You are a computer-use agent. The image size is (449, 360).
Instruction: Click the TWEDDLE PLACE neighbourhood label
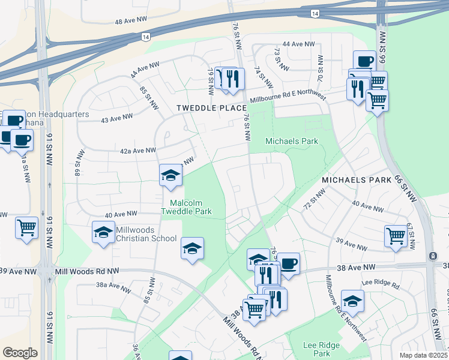(211, 108)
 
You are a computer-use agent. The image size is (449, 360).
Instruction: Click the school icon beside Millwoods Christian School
(103, 232)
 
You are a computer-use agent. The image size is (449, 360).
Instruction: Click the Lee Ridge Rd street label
(381, 284)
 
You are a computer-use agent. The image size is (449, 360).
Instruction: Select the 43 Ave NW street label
(117, 118)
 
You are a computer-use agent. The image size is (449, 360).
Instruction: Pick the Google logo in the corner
(20, 353)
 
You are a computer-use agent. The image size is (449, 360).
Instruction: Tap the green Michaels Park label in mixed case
(292, 141)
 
